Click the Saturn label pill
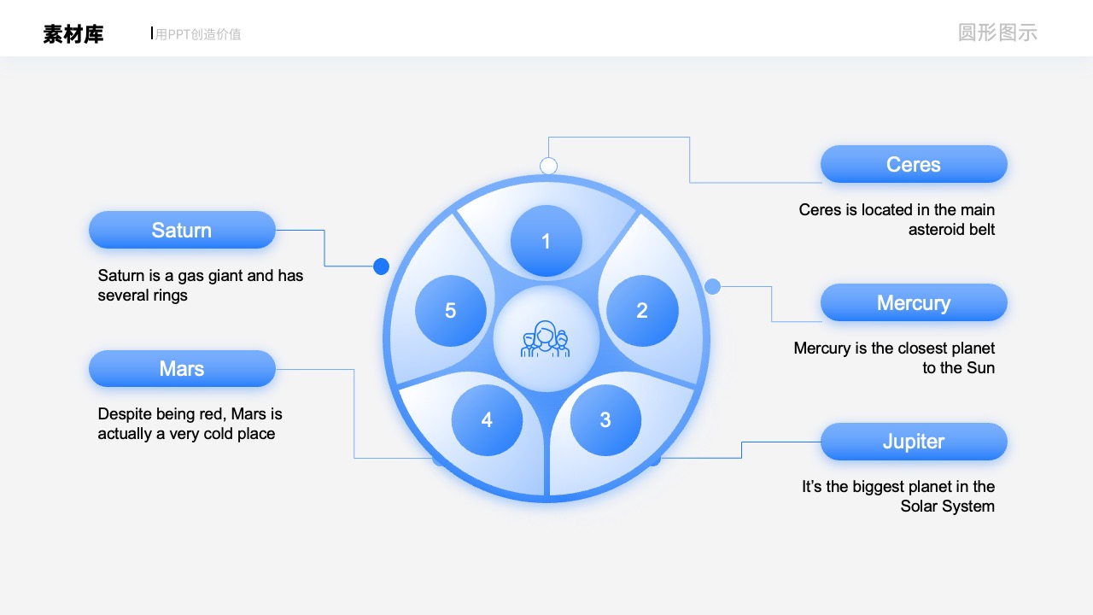182,230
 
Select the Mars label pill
182,368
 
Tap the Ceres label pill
914,164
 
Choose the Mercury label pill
914,302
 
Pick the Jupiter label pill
914,442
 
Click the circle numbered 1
546,241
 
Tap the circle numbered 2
642,310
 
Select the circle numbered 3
605,419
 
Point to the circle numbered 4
487,419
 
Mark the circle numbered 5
451,310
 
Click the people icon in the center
546,339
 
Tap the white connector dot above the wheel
548,166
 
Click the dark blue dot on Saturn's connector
381,266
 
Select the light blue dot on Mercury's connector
712,286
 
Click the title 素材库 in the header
73,34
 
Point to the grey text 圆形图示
997,32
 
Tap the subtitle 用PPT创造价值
198,34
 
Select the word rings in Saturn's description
169,296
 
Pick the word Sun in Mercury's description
979,367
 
